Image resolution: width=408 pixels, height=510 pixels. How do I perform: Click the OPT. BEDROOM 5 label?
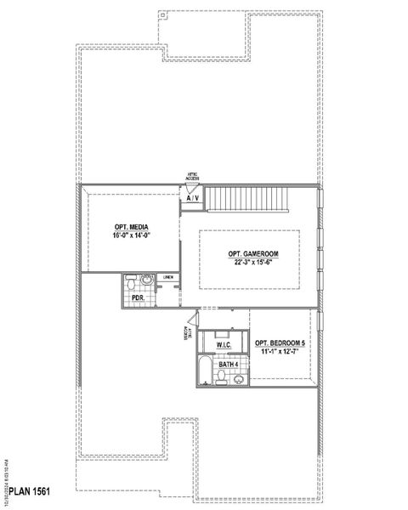click(280, 343)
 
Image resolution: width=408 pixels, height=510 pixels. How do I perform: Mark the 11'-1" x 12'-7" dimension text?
click(280, 351)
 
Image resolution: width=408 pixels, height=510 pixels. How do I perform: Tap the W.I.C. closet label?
click(225, 345)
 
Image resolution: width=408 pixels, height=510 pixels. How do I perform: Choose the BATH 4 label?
click(228, 364)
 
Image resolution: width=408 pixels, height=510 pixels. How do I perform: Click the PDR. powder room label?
click(137, 299)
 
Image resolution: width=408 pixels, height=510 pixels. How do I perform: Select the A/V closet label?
click(193, 198)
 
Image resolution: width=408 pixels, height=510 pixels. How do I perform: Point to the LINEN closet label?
click(169, 277)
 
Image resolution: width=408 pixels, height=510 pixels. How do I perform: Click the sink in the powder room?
click(146, 279)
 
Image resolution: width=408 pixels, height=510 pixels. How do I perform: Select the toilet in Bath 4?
click(222, 380)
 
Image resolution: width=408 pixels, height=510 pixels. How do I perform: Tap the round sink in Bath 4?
click(239, 379)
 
